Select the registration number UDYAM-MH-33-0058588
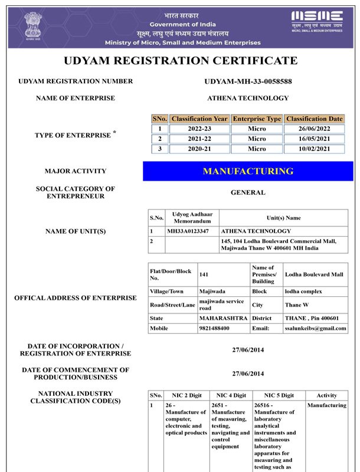coord(248,81)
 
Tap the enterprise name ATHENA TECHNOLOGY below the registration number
coord(248,98)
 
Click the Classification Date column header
coord(314,119)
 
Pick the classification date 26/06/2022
coord(314,129)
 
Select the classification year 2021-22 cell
coord(199,139)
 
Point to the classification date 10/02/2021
coord(314,149)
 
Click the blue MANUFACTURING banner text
coord(248,171)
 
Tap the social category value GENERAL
coord(248,192)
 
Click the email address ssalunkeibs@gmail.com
coord(316,328)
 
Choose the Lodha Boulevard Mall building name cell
coord(313,274)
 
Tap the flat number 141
coord(204,274)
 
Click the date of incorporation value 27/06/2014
coord(248,350)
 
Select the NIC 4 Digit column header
coord(231,395)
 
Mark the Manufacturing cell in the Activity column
coord(326,405)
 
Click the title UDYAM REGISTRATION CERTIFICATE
coord(180,61)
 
